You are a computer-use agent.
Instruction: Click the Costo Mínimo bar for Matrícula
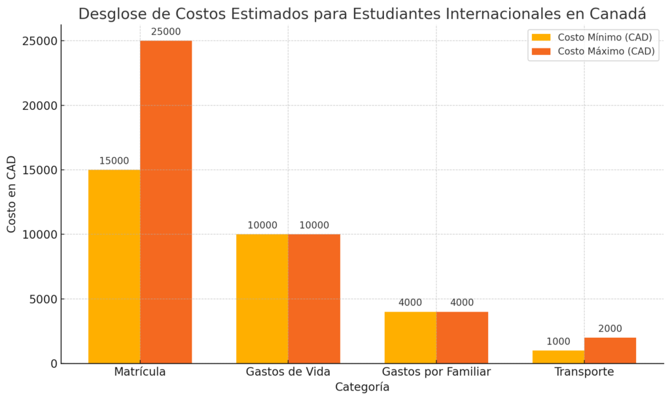point(114,266)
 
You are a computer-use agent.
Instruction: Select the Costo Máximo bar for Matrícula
point(166,202)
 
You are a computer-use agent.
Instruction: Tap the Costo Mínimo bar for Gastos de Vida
point(262,299)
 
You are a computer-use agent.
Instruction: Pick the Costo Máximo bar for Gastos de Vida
point(314,299)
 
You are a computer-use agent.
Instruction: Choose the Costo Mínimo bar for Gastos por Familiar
point(410,338)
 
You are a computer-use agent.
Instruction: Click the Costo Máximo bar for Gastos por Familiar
point(462,338)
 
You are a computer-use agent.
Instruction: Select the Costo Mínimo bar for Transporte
point(559,357)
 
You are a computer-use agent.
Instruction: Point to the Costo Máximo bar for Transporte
point(610,350)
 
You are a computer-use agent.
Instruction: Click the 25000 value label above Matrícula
point(166,31)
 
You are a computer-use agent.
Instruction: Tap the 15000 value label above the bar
point(114,160)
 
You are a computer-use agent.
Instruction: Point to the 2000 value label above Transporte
point(610,329)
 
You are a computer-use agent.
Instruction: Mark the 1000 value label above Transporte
point(559,342)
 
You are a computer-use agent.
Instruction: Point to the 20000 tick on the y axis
point(40,105)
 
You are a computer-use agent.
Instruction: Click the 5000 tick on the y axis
point(43,299)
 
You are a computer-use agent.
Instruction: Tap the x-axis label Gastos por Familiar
point(436,372)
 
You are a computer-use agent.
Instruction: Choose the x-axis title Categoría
point(362,387)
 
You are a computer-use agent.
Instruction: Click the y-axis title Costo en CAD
point(11,194)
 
